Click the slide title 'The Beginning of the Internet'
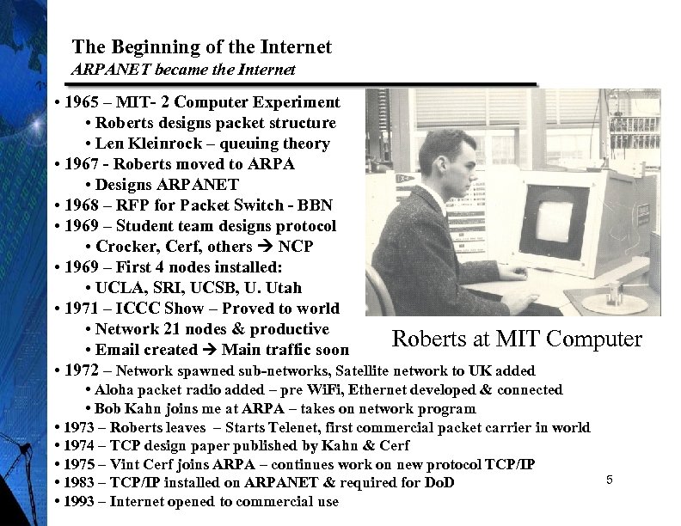[201, 47]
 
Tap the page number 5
[609, 479]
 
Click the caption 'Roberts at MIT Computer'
[516, 339]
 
